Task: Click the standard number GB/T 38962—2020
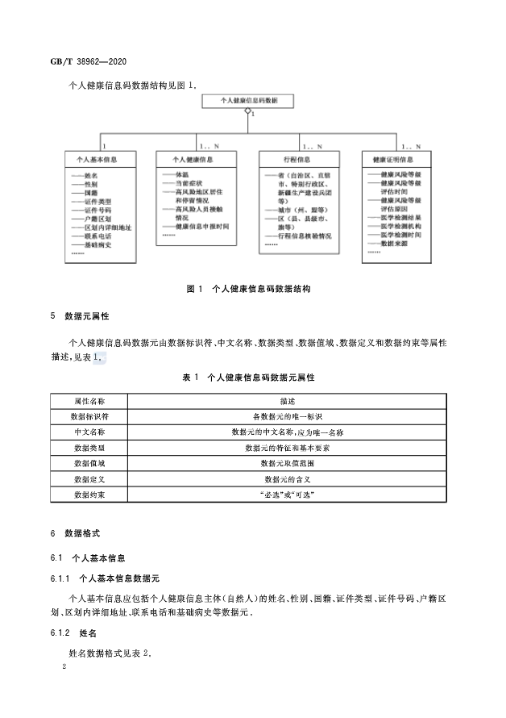pyautogui.click(x=89, y=61)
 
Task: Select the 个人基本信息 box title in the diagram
pyautogui.click(x=99, y=160)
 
